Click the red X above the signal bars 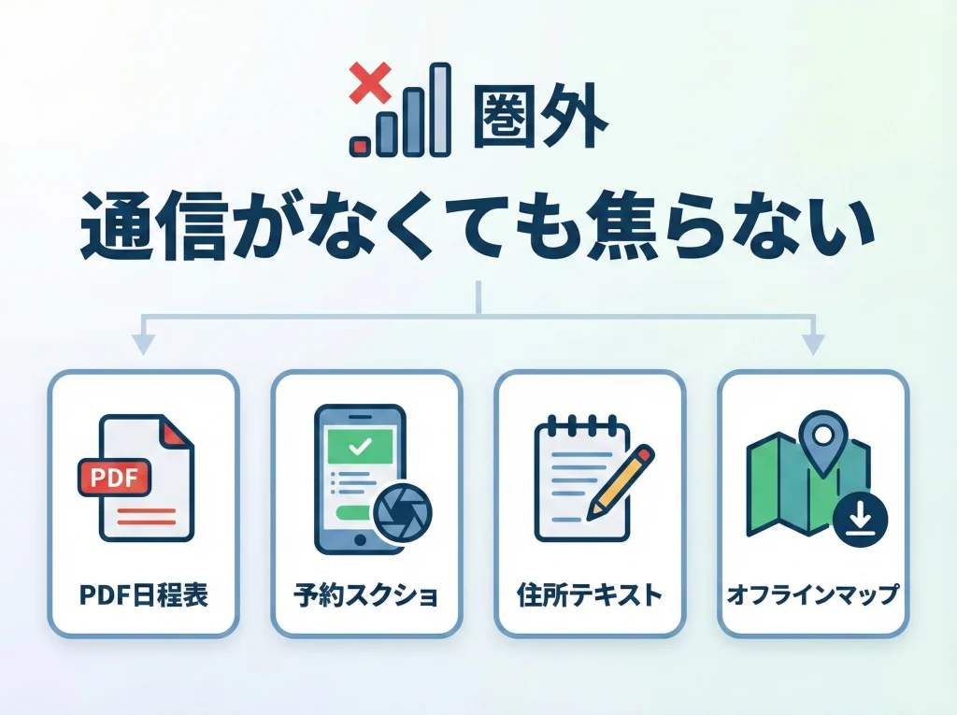(x=368, y=83)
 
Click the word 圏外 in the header (x=540, y=119)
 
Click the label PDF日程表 (x=144, y=594)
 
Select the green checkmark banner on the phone (x=360, y=447)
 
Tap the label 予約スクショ (x=366, y=595)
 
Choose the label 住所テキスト (x=589, y=594)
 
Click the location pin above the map (x=822, y=447)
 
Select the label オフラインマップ (x=812, y=594)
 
